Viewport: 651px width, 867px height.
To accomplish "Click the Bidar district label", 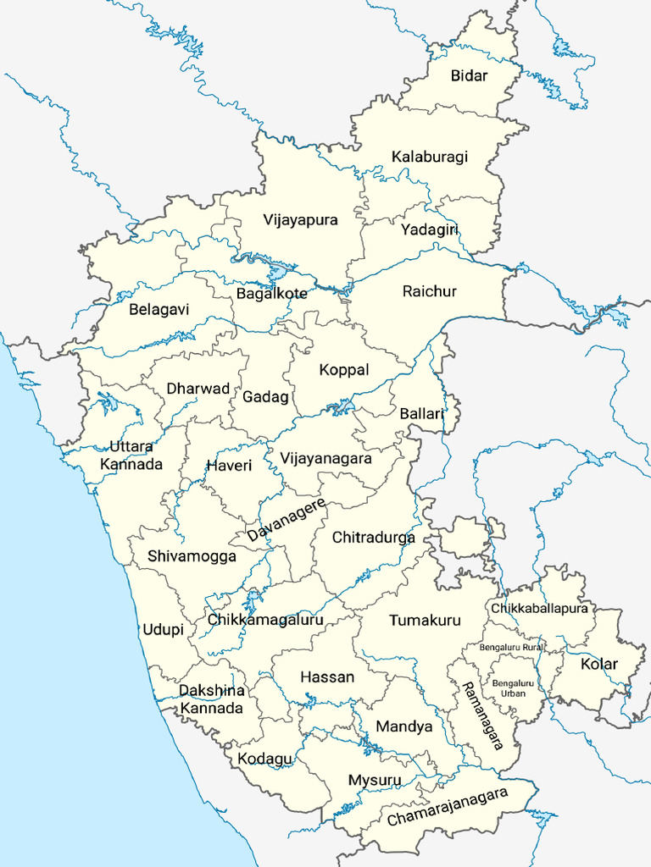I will point(469,76).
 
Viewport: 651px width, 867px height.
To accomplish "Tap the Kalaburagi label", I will point(430,157).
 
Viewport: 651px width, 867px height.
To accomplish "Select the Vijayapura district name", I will point(300,220).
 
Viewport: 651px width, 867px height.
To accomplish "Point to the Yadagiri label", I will point(430,230).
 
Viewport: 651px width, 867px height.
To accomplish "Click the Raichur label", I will point(430,291).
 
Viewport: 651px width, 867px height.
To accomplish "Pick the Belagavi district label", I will point(159,310).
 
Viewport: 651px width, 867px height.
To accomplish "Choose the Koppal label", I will point(344,370).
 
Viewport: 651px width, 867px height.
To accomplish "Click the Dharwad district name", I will point(198,389).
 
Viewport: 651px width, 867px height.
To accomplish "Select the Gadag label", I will point(266,396).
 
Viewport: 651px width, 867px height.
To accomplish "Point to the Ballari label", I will point(422,414).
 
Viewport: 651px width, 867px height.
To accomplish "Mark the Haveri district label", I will point(229,466).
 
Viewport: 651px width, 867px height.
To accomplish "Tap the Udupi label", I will point(161,630).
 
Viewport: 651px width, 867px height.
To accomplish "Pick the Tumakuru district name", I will point(425,621).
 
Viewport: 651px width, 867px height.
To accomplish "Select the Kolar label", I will point(599,664).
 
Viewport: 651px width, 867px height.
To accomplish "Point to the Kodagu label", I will point(264,759).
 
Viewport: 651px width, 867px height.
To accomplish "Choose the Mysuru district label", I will point(374,780).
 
